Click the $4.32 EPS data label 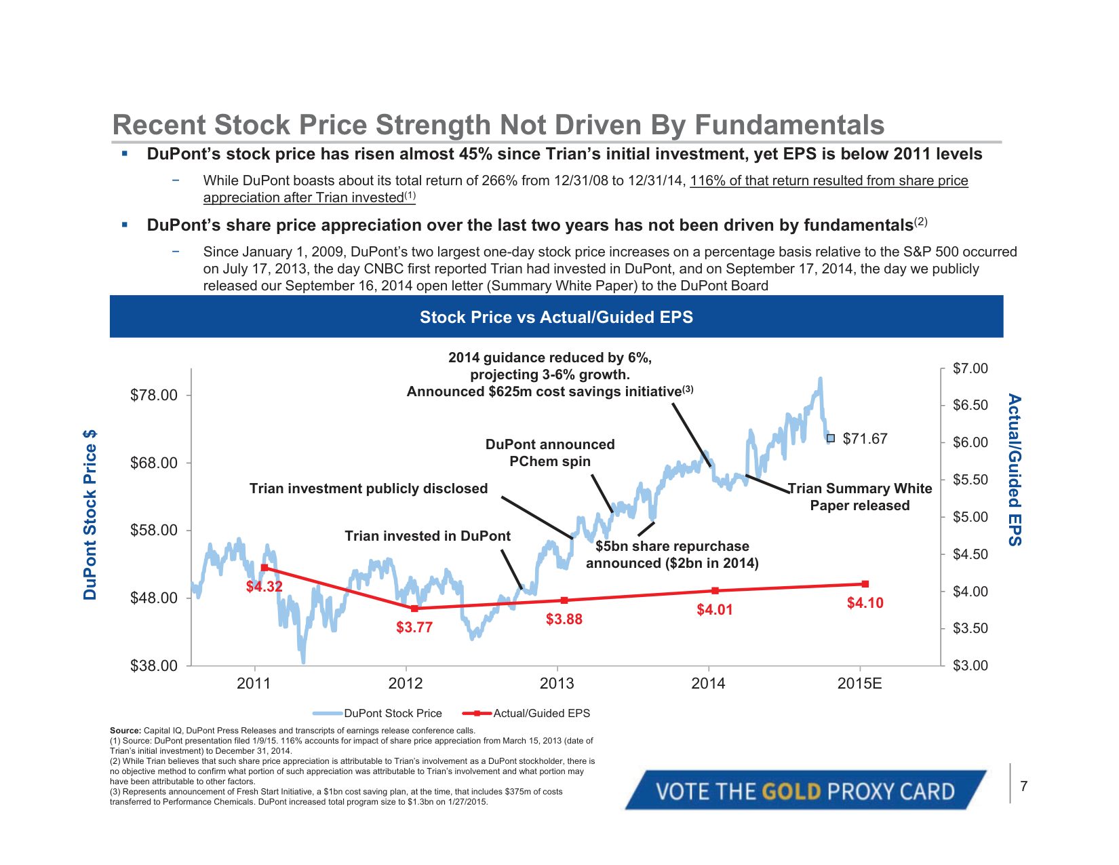pyautogui.click(x=264, y=586)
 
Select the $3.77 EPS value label pyautogui.click(x=414, y=627)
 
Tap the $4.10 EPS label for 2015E pyautogui.click(x=865, y=602)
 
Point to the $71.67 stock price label pyautogui.click(x=865, y=439)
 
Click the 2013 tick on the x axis pyautogui.click(x=557, y=683)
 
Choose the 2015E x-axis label pyautogui.click(x=859, y=683)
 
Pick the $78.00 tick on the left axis pyautogui.click(x=154, y=395)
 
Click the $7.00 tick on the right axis pyautogui.click(x=970, y=368)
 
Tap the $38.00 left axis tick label pyautogui.click(x=154, y=666)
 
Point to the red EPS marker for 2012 pyautogui.click(x=414, y=609)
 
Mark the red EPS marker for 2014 pyautogui.click(x=715, y=591)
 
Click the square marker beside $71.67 pyautogui.click(x=831, y=438)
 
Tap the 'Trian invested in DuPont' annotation pyautogui.click(x=427, y=536)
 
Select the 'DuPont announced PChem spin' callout pyautogui.click(x=550, y=453)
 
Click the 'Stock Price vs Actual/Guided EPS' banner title pyautogui.click(x=556, y=317)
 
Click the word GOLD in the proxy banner pyautogui.click(x=791, y=791)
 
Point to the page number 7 pyautogui.click(x=1023, y=786)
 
